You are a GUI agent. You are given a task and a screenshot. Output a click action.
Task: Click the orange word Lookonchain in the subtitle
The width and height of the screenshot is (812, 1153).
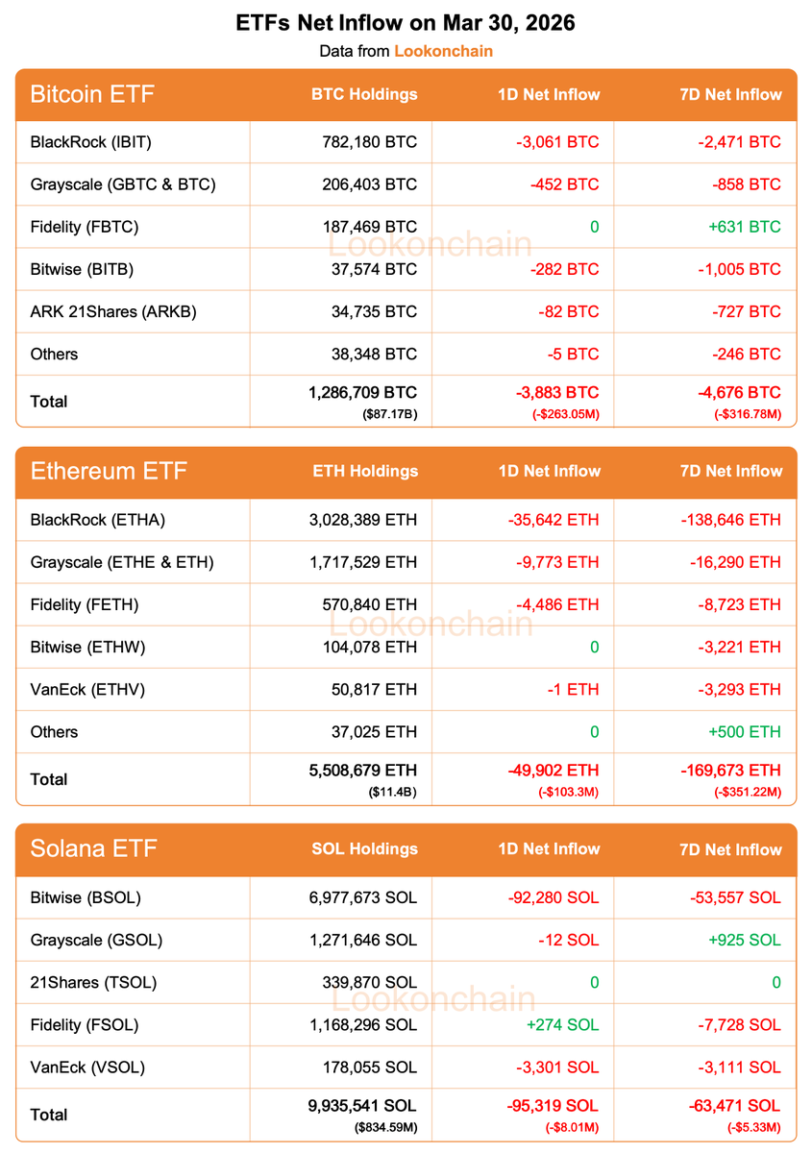(443, 51)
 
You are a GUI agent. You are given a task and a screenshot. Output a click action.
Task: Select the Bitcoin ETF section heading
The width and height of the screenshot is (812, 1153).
(92, 94)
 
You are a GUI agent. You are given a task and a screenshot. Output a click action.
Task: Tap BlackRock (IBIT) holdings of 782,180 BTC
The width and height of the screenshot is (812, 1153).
(370, 142)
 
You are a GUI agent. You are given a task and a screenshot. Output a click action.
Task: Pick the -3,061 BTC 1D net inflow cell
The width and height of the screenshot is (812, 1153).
(554, 142)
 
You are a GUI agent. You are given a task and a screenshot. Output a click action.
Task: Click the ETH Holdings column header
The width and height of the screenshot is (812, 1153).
(365, 471)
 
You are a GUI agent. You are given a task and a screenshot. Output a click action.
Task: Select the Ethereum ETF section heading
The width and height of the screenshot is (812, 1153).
(109, 471)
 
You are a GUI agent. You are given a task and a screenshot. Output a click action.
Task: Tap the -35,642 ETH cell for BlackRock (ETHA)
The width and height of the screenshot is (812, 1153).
(554, 520)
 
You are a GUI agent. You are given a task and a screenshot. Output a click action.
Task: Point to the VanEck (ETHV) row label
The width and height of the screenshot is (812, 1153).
(87, 689)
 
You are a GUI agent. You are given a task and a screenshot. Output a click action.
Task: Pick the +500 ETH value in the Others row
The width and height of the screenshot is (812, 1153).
(745, 731)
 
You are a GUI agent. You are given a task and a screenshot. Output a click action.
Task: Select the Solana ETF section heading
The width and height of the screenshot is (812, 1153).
(93, 848)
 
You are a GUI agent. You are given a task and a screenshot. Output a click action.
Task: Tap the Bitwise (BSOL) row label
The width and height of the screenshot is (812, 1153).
(86, 897)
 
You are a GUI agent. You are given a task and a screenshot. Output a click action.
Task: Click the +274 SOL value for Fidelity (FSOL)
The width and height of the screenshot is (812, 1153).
(562, 1024)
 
